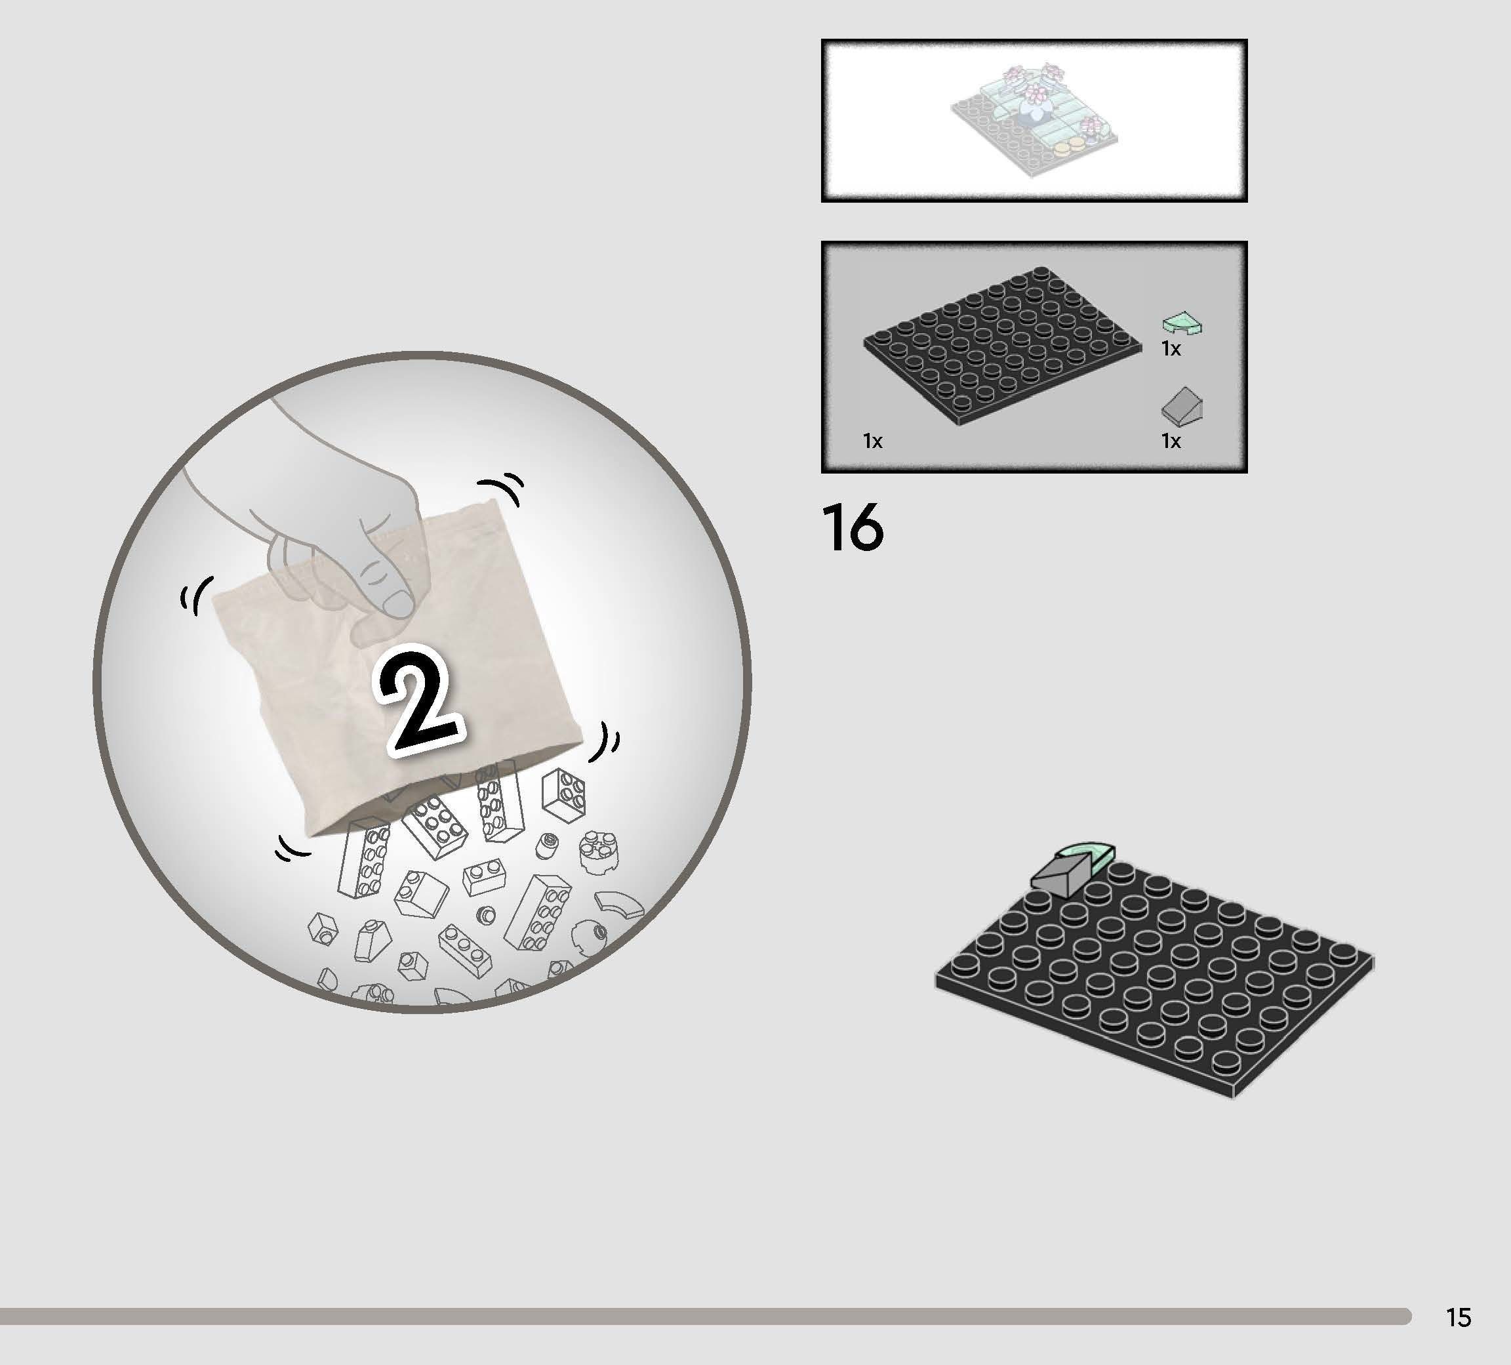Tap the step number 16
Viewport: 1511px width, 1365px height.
tap(853, 528)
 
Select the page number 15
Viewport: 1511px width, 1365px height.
tap(1459, 1317)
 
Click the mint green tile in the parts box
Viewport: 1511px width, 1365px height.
tap(1182, 323)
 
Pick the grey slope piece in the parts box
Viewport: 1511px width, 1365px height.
tap(1182, 406)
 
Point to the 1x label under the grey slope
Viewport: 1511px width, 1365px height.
tap(1171, 441)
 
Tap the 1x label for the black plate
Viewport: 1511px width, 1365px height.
tap(872, 441)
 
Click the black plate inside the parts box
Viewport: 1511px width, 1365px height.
tap(1003, 346)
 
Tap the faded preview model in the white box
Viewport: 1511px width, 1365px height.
tap(1034, 120)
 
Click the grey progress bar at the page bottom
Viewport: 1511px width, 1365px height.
tap(705, 1316)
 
